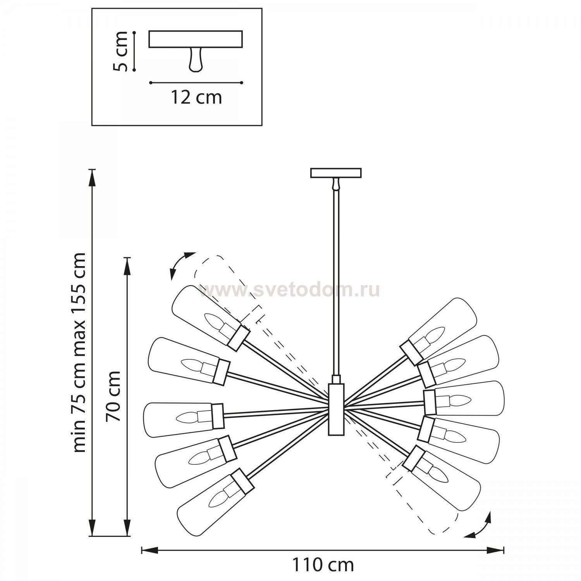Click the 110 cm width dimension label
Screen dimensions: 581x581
[322, 565]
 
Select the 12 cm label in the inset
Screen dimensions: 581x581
[196, 97]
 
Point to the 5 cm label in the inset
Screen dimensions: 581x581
[120, 51]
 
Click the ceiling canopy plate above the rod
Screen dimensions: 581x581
[336, 173]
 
